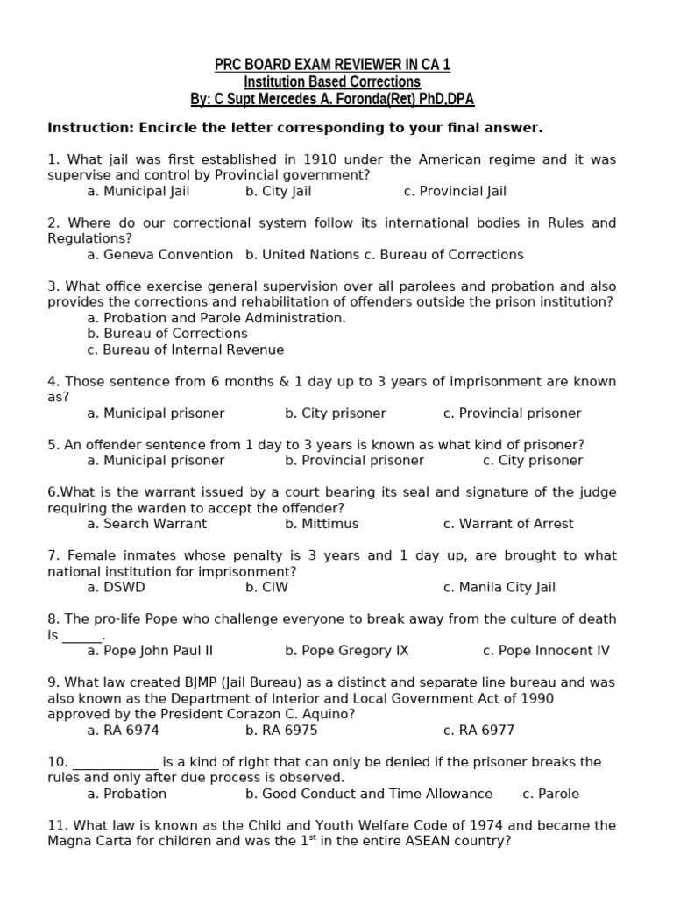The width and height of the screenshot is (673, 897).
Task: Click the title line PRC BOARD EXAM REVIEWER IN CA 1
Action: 332,65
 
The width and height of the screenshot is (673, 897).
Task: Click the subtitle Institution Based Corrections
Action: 332,81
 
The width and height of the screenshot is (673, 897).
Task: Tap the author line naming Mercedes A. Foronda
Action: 332,99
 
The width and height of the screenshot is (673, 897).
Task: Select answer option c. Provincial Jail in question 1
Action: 455,191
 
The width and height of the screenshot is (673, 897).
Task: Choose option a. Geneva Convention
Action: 160,254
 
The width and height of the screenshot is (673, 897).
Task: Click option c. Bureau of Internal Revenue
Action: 186,350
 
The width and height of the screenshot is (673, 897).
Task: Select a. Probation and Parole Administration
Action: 216,318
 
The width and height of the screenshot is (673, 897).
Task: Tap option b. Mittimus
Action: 322,524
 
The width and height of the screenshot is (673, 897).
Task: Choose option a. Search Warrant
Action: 147,524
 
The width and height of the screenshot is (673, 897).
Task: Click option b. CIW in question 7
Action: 266,587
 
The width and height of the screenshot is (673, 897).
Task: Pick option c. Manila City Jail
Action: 499,587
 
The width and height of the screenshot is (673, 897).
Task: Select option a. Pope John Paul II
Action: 150,651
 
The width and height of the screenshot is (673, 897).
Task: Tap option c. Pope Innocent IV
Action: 546,651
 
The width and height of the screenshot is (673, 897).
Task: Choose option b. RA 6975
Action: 281,731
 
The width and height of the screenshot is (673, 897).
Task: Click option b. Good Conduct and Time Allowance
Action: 369,794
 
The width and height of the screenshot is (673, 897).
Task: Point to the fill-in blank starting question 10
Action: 115,762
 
